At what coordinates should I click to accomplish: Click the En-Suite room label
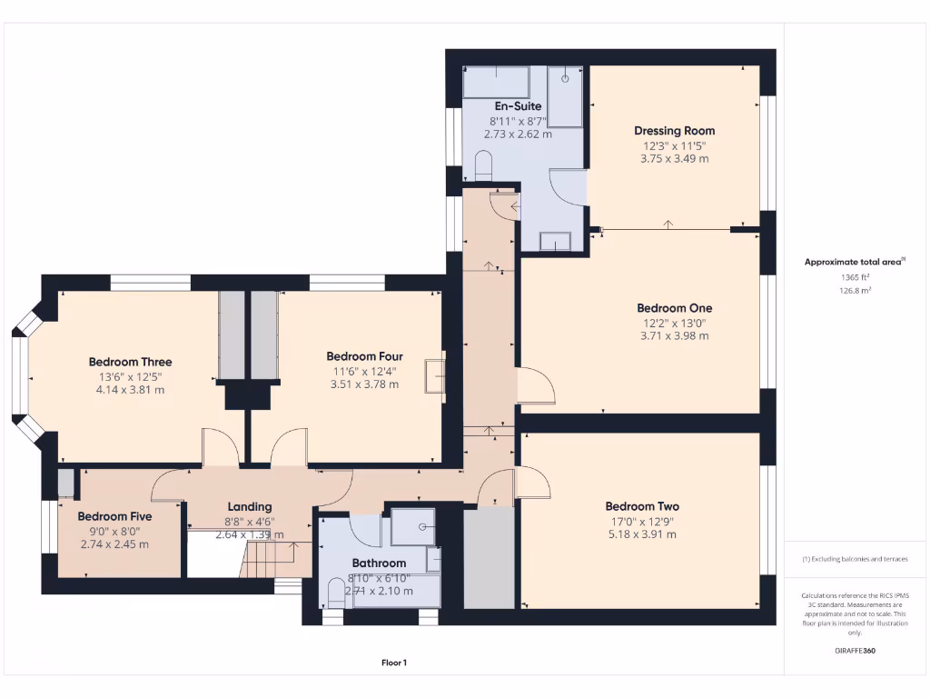coord(517,106)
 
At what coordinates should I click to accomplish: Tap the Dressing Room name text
coord(674,131)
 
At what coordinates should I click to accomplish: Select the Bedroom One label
coord(674,308)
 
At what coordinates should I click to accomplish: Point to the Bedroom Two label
coord(642,506)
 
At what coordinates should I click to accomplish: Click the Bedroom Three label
coord(130,362)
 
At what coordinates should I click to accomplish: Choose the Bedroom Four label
coord(364,356)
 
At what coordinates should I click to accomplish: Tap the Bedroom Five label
coord(114,516)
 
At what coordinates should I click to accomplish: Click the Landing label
coord(249,507)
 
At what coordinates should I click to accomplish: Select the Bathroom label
coord(380,563)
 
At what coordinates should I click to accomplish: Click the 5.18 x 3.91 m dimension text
coord(642,534)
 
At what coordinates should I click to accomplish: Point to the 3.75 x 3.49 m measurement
coord(674,158)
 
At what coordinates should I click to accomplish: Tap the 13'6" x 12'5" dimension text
coord(130,376)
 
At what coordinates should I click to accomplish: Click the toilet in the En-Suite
coord(482,166)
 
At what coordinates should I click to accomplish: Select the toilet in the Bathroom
coord(335,595)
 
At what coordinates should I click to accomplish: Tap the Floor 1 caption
coord(393,663)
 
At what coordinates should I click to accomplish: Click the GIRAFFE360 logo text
coord(855,651)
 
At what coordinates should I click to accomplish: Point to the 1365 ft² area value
coord(855,277)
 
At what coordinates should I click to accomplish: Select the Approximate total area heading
coord(853,262)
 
